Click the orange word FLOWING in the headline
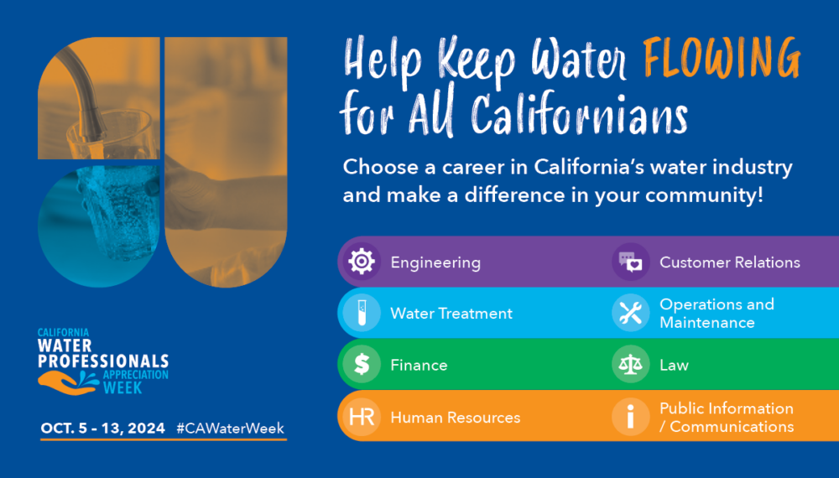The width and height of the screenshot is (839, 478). pyautogui.click(x=722, y=58)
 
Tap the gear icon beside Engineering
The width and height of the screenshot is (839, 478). pyautogui.click(x=362, y=262)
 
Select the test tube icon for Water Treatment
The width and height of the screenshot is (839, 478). pyautogui.click(x=362, y=313)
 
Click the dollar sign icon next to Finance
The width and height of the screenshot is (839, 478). pyautogui.click(x=362, y=365)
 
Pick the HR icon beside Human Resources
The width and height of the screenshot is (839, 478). pyautogui.click(x=362, y=417)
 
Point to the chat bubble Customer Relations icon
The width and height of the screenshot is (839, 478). pyautogui.click(x=630, y=262)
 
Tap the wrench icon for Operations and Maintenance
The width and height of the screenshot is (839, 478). pyautogui.click(x=630, y=313)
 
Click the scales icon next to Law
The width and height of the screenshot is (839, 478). pyautogui.click(x=630, y=365)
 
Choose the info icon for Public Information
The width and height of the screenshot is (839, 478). pyautogui.click(x=630, y=417)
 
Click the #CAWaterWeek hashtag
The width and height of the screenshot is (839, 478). pyautogui.click(x=230, y=429)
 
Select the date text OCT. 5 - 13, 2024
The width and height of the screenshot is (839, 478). pyautogui.click(x=102, y=429)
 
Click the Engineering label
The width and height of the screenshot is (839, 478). pyautogui.click(x=435, y=262)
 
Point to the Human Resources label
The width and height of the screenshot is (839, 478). pyautogui.click(x=456, y=417)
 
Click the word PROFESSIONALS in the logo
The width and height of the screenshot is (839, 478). pyautogui.click(x=103, y=361)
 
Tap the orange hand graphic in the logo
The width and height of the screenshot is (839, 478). pyautogui.click(x=66, y=383)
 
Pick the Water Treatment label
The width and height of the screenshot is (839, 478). pyautogui.click(x=451, y=314)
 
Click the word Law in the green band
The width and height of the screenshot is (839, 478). pyautogui.click(x=675, y=365)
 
